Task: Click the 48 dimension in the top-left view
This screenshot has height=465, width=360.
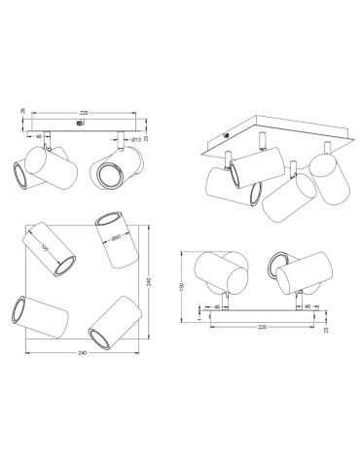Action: [x=40, y=138]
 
